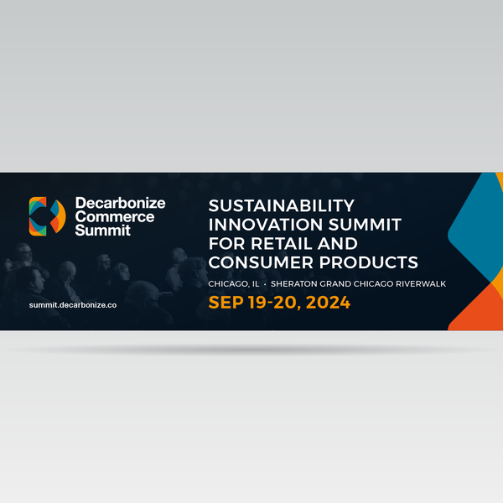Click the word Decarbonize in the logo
(x=120, y=203)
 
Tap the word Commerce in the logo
(x=115, y=217)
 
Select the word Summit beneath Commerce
(x=102, y=231)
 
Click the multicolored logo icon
(x=48, y=216)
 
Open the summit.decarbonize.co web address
(x=73, y=305)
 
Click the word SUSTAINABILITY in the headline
(x=282, y=205)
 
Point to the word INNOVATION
(x=266, y=225)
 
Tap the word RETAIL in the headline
(x=281, y=243)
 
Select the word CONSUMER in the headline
(x=261, y=262)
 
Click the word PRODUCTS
(x=369, y=262)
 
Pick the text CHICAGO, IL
(x=234, y=284)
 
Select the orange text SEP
(x=226, y=303)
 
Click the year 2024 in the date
(x=328, y=303)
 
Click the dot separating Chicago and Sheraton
(x=265, y=284)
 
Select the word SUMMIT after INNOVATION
(x=365, y=225)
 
